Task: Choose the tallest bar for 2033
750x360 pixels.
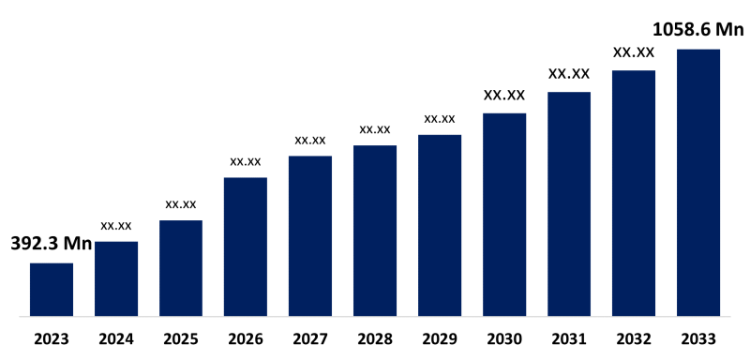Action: point(698,182)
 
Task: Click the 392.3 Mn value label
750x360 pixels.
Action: point(52,245)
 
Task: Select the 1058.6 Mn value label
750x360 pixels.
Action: point(698,30)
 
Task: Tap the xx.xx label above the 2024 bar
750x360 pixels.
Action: point(116,225)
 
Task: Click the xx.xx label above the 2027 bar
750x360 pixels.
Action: point(310,140)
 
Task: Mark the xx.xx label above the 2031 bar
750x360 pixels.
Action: point(569,73)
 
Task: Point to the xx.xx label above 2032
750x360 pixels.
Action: point(634,52)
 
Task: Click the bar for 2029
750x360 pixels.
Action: point(440,225)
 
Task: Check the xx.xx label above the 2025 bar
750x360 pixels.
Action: point(181,203)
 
